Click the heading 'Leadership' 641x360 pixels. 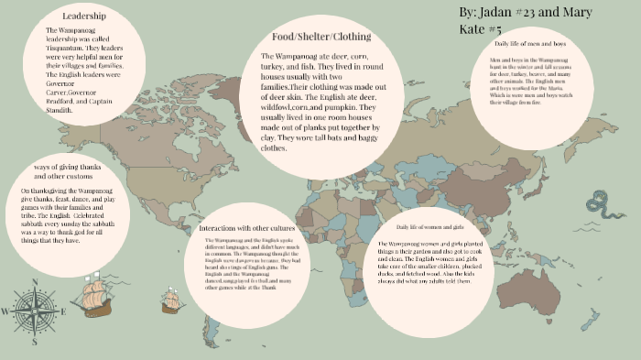83,16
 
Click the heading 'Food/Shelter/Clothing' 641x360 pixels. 315,37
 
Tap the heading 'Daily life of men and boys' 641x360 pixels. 536,43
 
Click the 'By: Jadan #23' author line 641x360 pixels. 513,15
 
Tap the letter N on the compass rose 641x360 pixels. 35,282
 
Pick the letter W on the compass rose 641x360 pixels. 5,311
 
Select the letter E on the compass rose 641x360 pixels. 64,311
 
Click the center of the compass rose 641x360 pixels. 35,311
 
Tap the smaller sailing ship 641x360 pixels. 171,298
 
